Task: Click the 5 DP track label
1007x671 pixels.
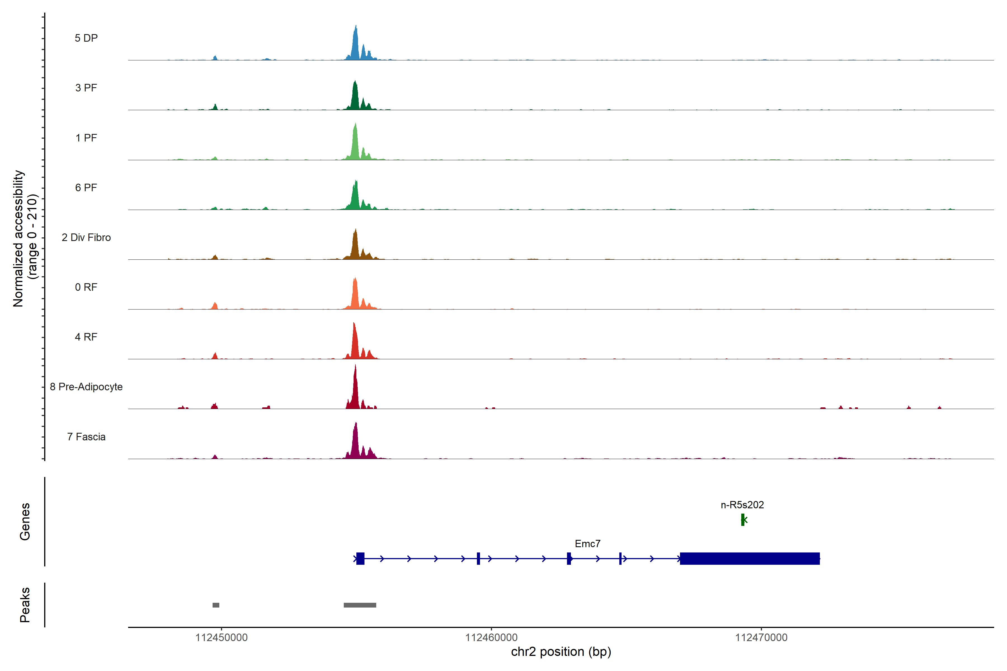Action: (x=86, y=38)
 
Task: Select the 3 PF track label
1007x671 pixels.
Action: (x=86, y=88)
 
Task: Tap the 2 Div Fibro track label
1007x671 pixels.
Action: (x=86, y=237)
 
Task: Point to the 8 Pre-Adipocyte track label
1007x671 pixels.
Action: (x=86, y=387)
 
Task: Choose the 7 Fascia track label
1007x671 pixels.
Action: (x=86, y=437)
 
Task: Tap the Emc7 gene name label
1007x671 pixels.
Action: (x=587, y=544)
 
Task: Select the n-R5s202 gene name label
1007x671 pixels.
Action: (x=742, y=505)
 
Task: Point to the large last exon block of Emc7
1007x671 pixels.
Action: (x=749, y=558)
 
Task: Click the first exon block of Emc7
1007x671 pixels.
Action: (x=360, y=558)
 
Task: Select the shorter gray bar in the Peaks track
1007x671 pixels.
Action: (x=216, y=605)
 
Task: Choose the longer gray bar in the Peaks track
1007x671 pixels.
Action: (x=360, y=605)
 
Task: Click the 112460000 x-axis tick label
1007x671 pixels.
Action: (x=491, y=638)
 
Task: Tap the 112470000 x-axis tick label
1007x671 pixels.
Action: (x=761, y=638)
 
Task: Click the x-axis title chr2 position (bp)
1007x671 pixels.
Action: (x=561, y=652)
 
